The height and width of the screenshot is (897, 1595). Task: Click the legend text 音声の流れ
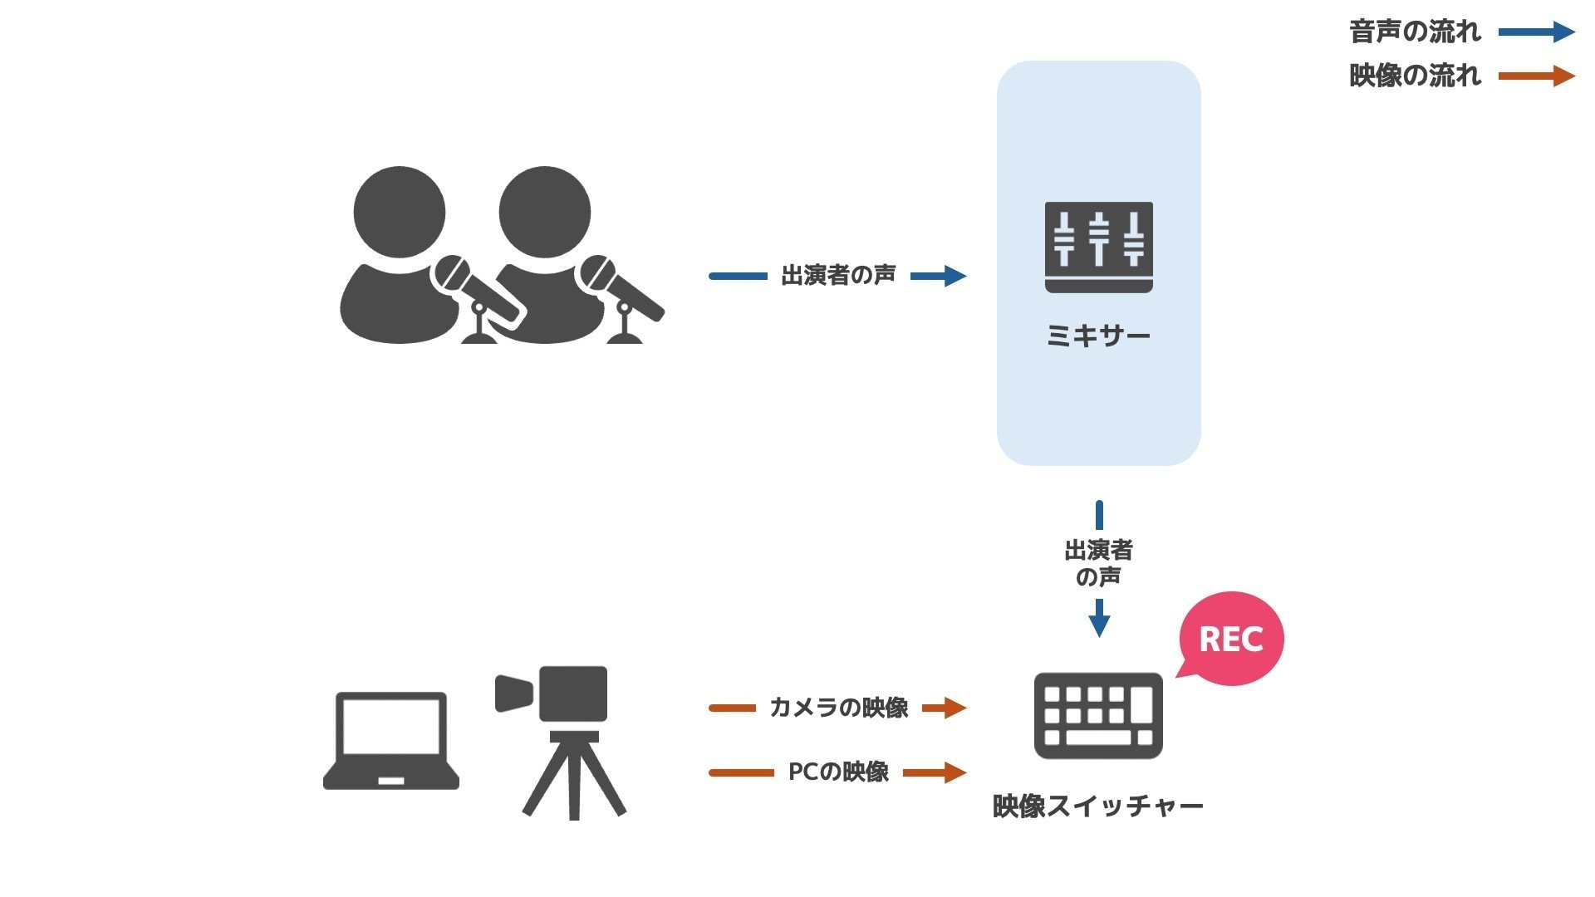point(1415,32)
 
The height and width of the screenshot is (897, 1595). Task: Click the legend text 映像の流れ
point(1415,76)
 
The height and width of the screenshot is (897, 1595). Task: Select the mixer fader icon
point(1098,247)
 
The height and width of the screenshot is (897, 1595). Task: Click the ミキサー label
point(1098,336)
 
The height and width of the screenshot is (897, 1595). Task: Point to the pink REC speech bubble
point(1231,639)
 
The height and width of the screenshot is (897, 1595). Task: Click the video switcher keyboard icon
point(1097,715)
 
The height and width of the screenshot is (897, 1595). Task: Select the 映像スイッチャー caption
point(1097,806)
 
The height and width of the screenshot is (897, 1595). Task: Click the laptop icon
point(390,739)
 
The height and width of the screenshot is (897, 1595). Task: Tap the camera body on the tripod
point(573,694)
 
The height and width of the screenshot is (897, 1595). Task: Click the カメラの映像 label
point(838,708)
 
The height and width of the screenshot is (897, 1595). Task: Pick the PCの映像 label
point(838,772)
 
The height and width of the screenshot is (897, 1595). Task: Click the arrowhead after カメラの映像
point(954,708)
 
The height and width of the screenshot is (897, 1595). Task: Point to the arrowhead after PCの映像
point(954,772)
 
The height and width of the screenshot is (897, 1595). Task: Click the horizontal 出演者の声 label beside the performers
point(838,275)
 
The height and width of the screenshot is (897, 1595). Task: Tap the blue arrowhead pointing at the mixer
point(954,276)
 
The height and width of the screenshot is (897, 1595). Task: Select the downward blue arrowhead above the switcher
point(1099,625)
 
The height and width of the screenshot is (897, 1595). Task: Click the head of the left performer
point(400,212)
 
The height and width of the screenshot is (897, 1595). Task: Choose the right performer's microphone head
point(597,273)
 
